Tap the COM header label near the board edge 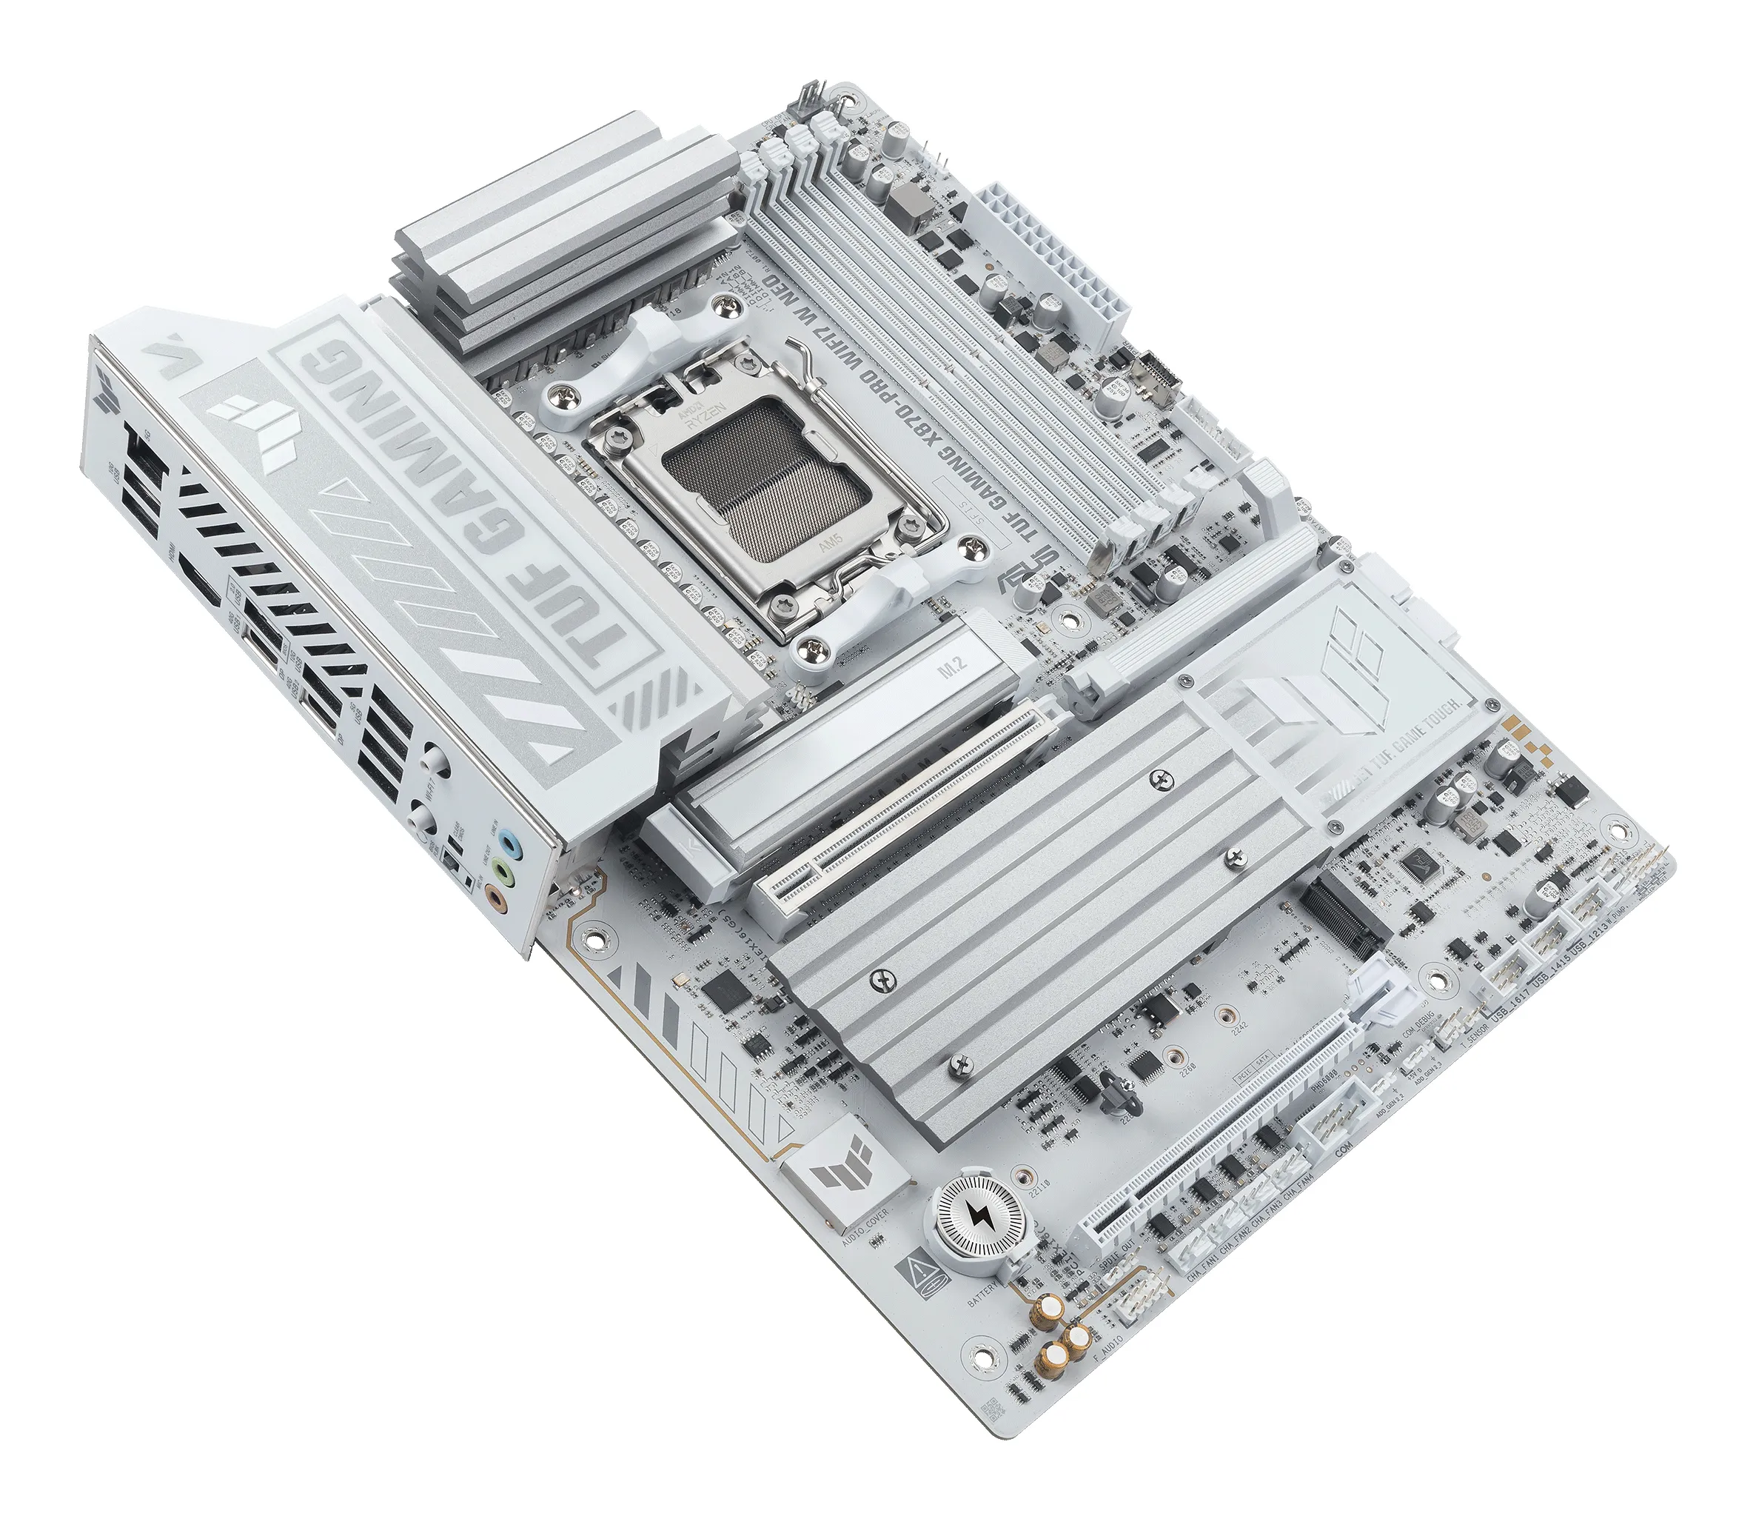1341,1156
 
